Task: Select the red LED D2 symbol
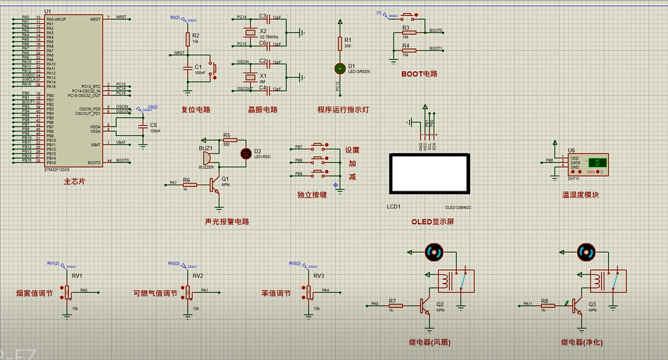pyautogui.click(x=246, y=154)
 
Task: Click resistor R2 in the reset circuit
pyautogui.click(x=188, y=39)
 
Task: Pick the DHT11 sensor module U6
pyautogui.click(x=588, y=165)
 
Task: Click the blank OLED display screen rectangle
pyautogui.click(x=429, y=174)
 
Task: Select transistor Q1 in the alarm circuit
pyautogui.click(x=216, y=185)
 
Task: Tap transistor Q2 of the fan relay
pyautogui.click(x=426, y=306)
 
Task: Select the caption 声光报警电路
pyautogui.click(x=227, y=221)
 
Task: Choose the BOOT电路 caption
pyautogui.click(x=419, y=74)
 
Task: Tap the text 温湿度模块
pyautogui.click(x=580, y=195)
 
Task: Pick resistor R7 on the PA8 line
pyautogui.click(x=392, y=305)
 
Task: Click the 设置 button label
pyautogui.click(x=352, y=150)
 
